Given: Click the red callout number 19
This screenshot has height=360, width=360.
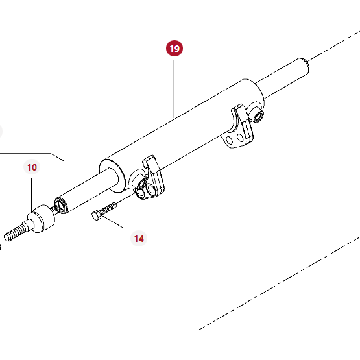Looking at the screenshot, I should [x=174, y=49].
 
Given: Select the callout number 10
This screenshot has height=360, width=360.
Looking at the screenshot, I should [x=32, y=167].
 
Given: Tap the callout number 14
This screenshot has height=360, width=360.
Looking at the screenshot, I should [x=139, y=239].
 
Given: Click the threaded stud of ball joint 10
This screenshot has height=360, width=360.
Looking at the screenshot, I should [x=17, y=231].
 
